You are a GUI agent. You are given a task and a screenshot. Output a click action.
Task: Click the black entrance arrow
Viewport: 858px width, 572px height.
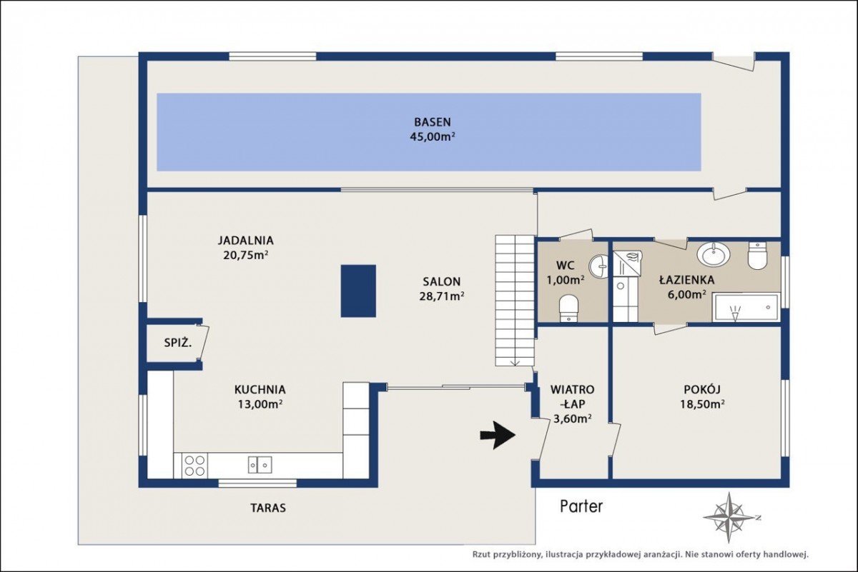click(498, 435)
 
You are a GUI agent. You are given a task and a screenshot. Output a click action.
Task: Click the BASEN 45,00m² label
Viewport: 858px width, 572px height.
click(433, 129)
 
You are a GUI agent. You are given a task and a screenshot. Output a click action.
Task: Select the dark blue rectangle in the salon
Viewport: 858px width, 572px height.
click(358, 291)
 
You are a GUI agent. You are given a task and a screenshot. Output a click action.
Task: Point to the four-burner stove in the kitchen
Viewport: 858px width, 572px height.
click(194, 466)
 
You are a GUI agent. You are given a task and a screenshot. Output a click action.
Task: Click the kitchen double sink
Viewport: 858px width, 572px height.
click(260, 464)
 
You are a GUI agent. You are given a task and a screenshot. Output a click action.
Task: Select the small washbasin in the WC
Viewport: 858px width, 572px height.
click(598, 266)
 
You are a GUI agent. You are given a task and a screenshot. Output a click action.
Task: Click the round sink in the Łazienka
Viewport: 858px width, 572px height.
click(714, 254)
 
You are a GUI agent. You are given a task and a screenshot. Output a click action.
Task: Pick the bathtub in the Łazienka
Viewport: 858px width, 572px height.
click(746, 307)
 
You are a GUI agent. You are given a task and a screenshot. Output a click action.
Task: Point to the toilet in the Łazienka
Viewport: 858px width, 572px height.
click(757, 256)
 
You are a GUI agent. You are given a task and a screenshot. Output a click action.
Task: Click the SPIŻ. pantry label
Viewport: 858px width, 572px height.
click(178, 343)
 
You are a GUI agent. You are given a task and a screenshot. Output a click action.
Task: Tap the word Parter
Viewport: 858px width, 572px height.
click(581, 506)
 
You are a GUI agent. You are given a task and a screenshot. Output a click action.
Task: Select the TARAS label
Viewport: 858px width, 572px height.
click(268, 508)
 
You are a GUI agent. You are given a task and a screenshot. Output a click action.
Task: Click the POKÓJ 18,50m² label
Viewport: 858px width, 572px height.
click(702, 397)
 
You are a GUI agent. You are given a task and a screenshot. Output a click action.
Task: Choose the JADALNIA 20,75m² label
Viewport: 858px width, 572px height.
click(245, 248)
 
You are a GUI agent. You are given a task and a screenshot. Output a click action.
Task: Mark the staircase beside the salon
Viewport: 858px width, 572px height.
click(515, 301)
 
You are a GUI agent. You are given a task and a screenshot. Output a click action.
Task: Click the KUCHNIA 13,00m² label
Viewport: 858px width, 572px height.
click(260, 397)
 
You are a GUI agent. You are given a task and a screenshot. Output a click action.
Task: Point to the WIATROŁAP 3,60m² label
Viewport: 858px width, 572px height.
click(572, 404)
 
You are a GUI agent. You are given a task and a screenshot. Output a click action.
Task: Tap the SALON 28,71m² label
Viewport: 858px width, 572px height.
click(442, 289)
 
